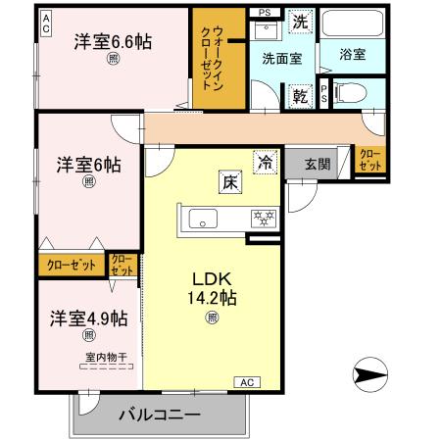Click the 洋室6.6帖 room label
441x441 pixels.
point(114,41)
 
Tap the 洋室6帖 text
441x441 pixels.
point(88,164)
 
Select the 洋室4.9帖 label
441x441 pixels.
point(89,318)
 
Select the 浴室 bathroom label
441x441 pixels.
point(353,56)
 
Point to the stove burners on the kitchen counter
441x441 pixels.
point(264,218)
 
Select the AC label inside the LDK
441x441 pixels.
point(246,381)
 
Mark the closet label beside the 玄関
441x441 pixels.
point(369,160)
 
